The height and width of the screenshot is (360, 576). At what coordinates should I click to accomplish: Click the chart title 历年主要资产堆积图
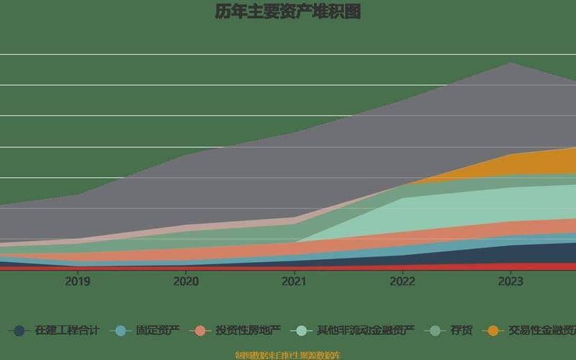[x=287, y=12]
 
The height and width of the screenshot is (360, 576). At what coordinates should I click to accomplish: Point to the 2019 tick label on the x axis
[x=78, y=282]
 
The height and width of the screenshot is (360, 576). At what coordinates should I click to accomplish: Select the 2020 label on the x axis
[x=186, y=282]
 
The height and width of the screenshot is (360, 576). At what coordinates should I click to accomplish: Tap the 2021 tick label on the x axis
[x=294, y=282]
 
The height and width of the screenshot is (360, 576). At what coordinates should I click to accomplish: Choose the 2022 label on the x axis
[x=402, y=282]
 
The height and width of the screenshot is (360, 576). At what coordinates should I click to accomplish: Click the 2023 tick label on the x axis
[x=510, y=282]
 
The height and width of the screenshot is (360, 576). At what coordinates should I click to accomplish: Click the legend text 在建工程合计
[x=67, y=330]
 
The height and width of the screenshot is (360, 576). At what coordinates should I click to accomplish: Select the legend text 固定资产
[x=158, y=330]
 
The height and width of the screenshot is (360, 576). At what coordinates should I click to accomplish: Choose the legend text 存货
[x=462, y=330]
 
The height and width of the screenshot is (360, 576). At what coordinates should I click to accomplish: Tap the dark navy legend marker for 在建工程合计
[x=19, y=330]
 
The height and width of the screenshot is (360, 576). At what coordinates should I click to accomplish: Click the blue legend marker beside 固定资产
[x=121, y=330]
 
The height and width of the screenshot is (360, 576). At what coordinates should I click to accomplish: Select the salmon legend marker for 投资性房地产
[x=201, y=330]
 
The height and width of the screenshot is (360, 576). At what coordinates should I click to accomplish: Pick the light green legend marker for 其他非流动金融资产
[x=302, y=330]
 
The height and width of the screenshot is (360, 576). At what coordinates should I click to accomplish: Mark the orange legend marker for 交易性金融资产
[x=493, y=330]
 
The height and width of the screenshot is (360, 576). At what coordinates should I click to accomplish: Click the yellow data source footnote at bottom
[x=288, y=355]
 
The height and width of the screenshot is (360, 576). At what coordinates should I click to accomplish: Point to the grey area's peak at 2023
[x=510, y=63]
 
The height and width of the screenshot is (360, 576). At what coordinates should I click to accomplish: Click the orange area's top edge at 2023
[x=510, y=155]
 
